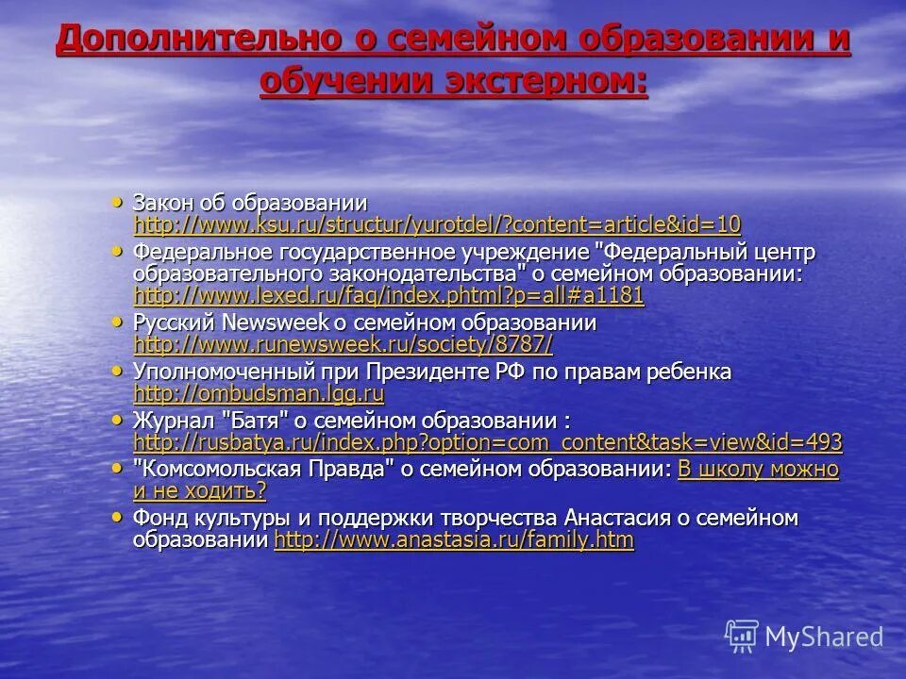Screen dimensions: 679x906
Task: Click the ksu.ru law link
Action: [x=437, y=224]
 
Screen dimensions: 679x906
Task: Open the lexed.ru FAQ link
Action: [x=389, y=296]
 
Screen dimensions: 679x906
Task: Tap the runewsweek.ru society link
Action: [x=343, y=344]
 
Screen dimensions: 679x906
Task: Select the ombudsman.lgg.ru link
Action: [x=259, y=393]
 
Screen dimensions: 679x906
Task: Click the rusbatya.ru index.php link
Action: [x=488, y=442]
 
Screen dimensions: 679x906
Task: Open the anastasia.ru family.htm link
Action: [x=453, y=540]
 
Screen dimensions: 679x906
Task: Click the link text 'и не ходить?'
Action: [x=200, y=490]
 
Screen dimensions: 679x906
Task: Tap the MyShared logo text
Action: [x=824, y=637]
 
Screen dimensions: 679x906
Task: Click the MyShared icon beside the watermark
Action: [x=742, y=637]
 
